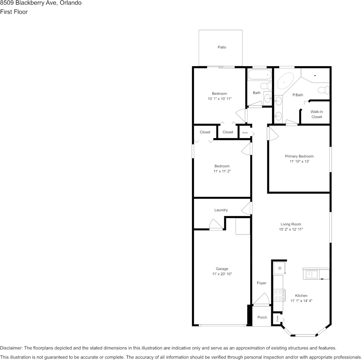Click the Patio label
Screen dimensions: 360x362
tap(222, 47)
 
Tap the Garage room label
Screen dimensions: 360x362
tap(222, 269)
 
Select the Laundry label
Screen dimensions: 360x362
tap(221, 210)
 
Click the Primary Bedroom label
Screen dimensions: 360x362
tap(299, 156)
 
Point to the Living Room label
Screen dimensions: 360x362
tap(291, 225)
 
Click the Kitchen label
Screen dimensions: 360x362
tap(301, 296)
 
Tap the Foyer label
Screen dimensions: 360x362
tap(261, 283)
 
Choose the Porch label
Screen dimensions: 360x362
tap(262, 317)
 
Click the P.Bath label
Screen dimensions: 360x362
tap(298, 95)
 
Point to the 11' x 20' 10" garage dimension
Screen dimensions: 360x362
tap(222, 274)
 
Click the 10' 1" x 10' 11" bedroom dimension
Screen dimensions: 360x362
tap(219, 99)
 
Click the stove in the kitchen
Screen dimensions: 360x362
tap(279, 295)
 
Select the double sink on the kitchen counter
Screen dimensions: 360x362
tap(311, 274)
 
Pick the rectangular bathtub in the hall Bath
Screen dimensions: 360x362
tap(259, 75)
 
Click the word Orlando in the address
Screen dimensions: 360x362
tap(70, 3)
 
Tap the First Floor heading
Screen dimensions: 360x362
tap(14, 12)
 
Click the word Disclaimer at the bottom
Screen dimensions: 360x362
tap(11, 348)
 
